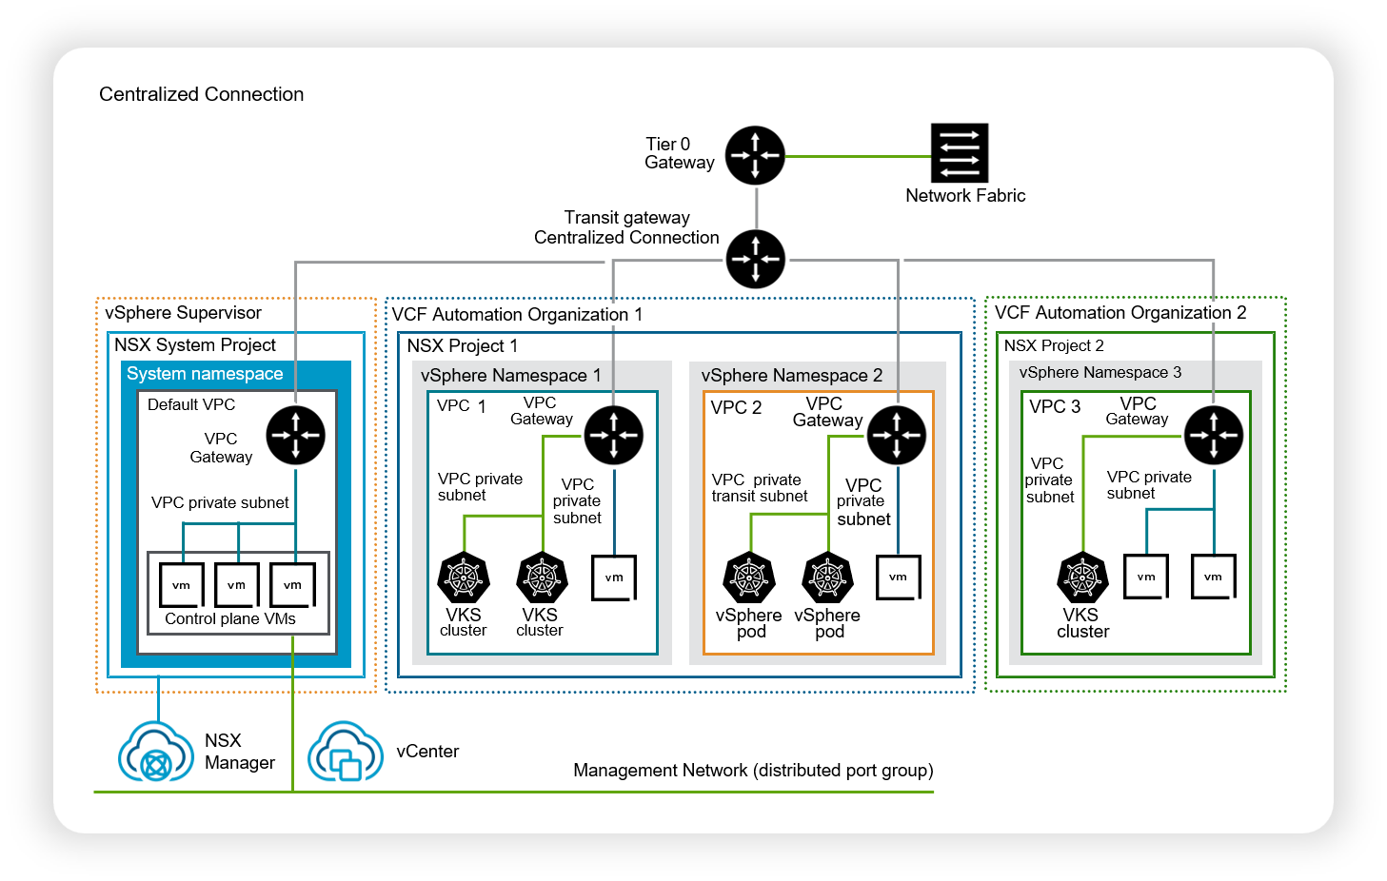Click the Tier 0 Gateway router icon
point(755,155)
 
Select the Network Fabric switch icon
point(960,153)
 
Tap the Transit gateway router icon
point(756,259)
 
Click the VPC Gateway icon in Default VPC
point(295,435)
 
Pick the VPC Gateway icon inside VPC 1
point(614,435)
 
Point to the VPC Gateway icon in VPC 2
point(897,435)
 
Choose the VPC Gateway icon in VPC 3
point(1214,435)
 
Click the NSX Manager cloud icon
point(156,752)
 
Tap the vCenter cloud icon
point(346,752)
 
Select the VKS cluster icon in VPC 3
point(1082,578)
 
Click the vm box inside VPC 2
point(899,578)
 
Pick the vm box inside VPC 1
point(614,578)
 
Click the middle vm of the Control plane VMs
point(236,585)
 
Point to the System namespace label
point(205,374)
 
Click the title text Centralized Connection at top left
point(201,94)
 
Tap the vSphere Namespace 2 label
point(792,376)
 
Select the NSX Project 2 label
point(1054,345)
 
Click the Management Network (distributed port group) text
point(753,771)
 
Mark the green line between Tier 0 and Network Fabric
point(859,156)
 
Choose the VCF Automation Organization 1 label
point(517,314)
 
